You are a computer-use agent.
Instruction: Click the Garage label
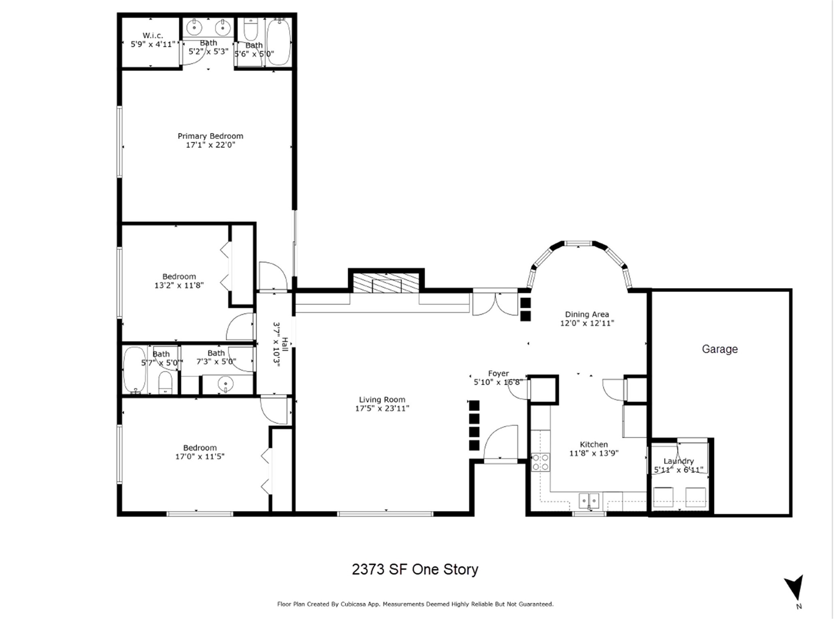click(719, 349)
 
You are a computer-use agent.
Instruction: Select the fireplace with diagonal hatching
click(386, 283)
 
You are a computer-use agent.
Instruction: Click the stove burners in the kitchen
click(540, 462)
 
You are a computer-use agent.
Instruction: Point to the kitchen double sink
click(589, 501)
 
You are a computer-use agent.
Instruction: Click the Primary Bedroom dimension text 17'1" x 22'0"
click(210, 145)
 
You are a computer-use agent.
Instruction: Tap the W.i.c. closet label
click(152, 36)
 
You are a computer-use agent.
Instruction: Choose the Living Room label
click(382, 400)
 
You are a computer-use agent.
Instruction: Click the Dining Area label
click(587, 315)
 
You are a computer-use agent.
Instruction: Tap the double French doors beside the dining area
click(495, 304)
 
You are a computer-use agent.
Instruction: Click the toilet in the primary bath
click(251, 29)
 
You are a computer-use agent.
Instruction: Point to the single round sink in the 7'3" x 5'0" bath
click(225, 383)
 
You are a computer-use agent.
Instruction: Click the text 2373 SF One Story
click(415, 570)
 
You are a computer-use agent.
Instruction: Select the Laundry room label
click(678, 461)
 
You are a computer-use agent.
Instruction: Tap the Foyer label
click(498, 373)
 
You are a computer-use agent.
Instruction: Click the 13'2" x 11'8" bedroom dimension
click(179, 285)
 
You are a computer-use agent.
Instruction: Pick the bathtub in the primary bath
click(279, 41)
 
